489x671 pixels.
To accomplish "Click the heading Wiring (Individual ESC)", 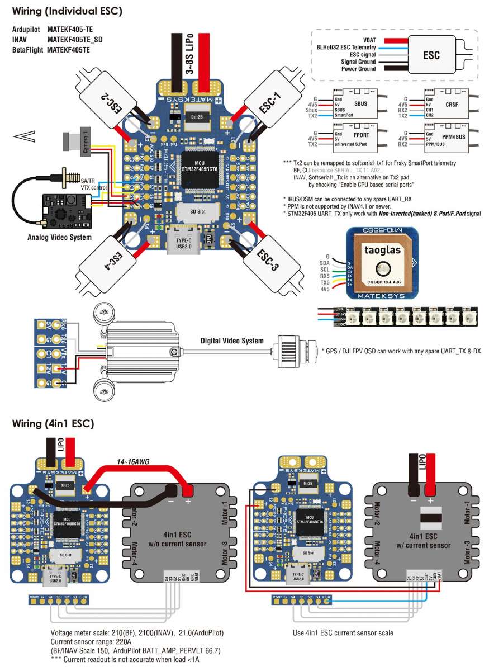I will (x=67, y=10).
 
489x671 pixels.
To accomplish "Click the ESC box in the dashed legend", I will (x=431, y=55).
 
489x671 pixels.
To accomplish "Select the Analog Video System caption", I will (x=59, y=238).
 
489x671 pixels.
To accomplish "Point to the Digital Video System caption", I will (x=232, y=341).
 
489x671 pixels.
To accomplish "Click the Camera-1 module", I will (x=77, y=140).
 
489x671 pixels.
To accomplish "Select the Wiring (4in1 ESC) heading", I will (x=53, y=423).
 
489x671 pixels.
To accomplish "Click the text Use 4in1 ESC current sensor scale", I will (x=343, y=632).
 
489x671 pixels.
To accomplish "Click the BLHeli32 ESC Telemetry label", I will (x=344, y=48).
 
